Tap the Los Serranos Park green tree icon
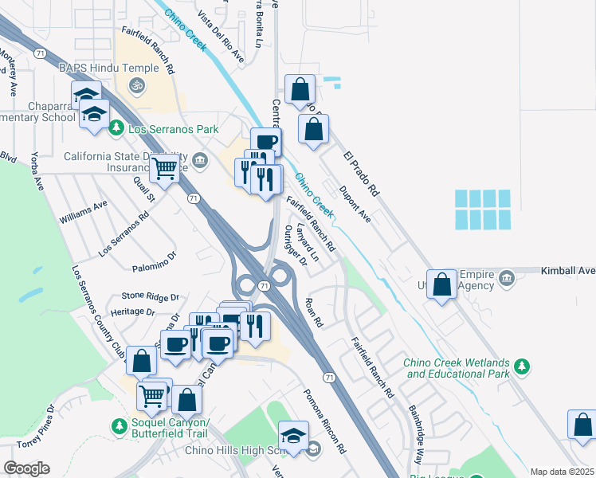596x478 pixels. click(116, 127)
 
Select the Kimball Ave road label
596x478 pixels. click(568, 271)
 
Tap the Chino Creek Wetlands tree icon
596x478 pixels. click(523, 366)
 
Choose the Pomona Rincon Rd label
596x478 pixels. click(323, 421)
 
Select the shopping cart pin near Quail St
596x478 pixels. click(164, 168)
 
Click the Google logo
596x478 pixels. click(26, 468)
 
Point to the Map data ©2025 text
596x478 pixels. click(562, 472)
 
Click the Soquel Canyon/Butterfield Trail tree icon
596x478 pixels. click(120, 427)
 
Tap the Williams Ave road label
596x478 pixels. click(83, 211)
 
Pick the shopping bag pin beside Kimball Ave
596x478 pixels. click(442, 284)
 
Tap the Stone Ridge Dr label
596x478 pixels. click(151, 296)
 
